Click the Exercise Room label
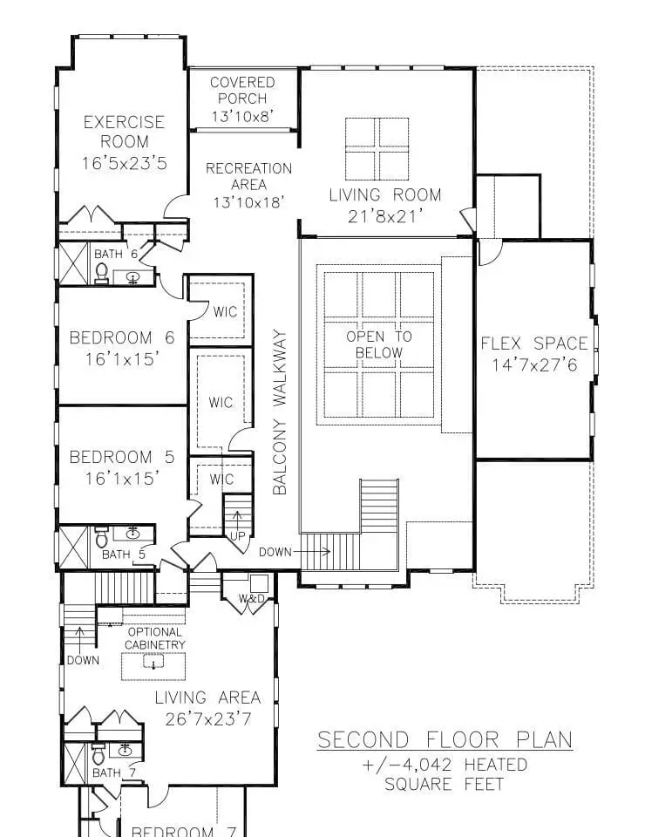(124, 132)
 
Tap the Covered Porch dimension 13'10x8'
(242, 116)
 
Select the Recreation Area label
(248, 176)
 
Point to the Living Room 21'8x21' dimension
(385, 216)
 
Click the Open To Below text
(379, 344)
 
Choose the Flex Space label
(534, 344)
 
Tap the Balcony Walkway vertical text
(280, 412)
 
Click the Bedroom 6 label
(122, 338)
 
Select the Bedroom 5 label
(122, 457)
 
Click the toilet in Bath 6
(101, 273)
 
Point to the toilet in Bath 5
(101, 536)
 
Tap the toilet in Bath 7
(98, 753)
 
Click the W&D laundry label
(252, 599)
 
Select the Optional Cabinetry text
(155, 638)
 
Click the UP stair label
(237, 535)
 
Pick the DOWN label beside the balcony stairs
(275, 552)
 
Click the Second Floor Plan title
(445, 740)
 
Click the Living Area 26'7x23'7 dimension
(208, 719)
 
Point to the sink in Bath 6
(132, 277)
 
